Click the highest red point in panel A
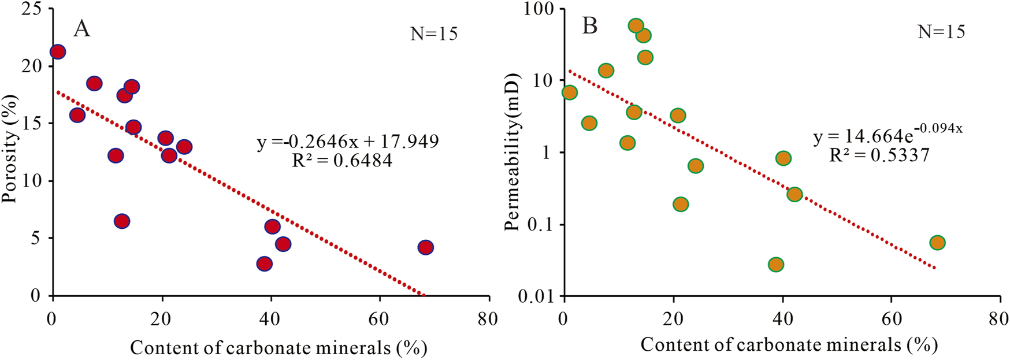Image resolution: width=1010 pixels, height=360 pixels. click(58, 52)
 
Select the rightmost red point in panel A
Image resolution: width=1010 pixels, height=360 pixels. click(426, 247)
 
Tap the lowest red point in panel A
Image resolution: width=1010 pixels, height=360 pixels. click(265, 263)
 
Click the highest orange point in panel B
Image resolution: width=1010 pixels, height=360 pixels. click(636, 25)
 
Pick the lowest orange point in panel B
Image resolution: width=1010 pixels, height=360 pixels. click(776, 265)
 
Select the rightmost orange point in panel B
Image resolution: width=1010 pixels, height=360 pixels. click(937, 243)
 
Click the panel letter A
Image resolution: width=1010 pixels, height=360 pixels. click(81, 28)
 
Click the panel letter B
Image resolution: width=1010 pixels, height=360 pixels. click(589, 26)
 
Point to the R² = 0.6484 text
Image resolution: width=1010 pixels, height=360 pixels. click(342, 160)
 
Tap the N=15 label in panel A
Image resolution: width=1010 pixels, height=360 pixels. click(434, 34)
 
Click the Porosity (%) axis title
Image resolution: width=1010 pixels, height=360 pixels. click(10, 149)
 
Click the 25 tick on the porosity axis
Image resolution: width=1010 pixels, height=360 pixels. click(31, 9)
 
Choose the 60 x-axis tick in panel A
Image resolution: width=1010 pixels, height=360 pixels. click(380, 318)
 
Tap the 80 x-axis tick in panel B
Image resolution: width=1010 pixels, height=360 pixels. click(998, 318)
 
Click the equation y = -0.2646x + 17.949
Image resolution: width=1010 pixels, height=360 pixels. click(348, 141)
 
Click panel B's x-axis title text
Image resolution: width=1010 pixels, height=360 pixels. click(789, 345)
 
